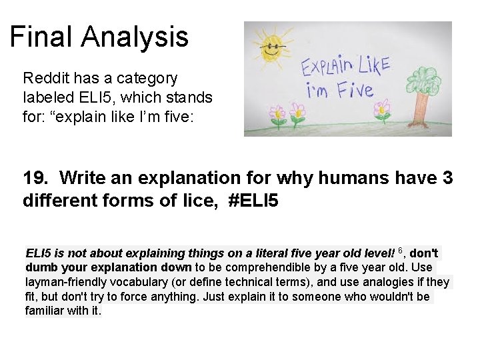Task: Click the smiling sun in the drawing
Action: coord(272,51)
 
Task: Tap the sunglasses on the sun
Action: coord(272,47)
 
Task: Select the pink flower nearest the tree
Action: coord(383,109)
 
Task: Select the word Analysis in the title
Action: coord(137,37)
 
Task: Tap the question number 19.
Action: coord(35,179)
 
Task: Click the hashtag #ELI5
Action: coord(253,200)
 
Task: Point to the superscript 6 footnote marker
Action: coord(401,251)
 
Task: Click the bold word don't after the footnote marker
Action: coord(423,254)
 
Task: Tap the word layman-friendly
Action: coord(67,283)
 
